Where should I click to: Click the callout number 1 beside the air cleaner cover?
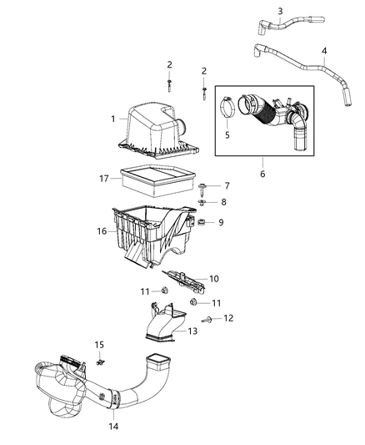[113, 119]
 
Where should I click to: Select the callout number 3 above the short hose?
[280, 11]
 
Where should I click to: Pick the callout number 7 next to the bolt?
[226, 185]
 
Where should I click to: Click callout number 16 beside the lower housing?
[101, 231]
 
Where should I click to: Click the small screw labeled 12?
[207, 320]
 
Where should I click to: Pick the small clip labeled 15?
[101, 362]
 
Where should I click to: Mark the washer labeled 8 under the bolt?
[203, 202]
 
